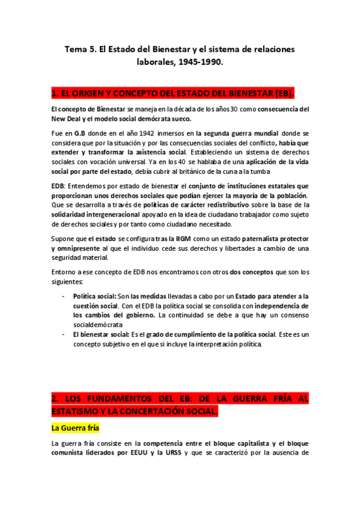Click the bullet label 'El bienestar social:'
click(x=102, y=334)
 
